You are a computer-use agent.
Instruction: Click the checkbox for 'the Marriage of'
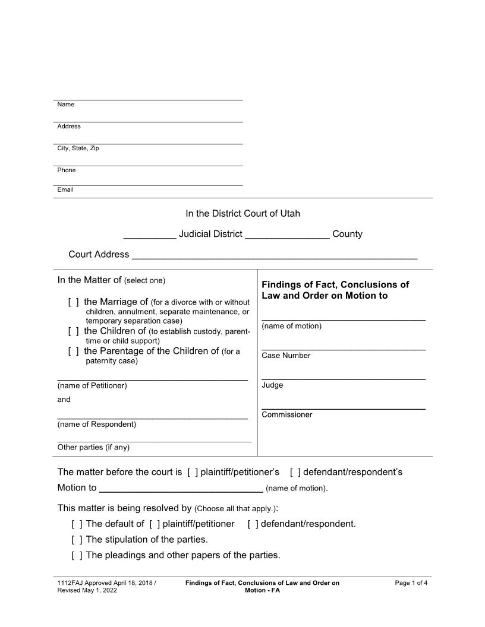(x=74, y=302)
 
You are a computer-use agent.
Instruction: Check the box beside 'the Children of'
(x=74, y=331)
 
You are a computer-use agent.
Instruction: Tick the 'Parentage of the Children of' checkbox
(x=74, y=351)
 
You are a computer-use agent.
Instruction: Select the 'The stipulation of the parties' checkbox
(x=77, y=540)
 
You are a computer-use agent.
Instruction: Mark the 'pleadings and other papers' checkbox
(x=77, y=556)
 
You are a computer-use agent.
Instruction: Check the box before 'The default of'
(x=77, y=524)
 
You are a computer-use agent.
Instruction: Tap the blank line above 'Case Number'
(x=344, y=349)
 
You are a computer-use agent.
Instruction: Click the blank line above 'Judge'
(x=344, y=378)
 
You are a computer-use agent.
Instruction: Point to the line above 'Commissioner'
(x=344, y=408)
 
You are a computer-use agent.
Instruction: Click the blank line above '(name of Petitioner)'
(x=152, y=378)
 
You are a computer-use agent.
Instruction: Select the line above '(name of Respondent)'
(x=152, y=417)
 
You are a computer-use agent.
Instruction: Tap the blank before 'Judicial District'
(x=149, y=237)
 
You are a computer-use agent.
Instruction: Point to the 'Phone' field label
(x=67, y=170)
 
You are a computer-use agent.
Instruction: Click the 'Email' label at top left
(x=65, y=190)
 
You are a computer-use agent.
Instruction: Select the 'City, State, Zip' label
(x=78, y=148)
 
